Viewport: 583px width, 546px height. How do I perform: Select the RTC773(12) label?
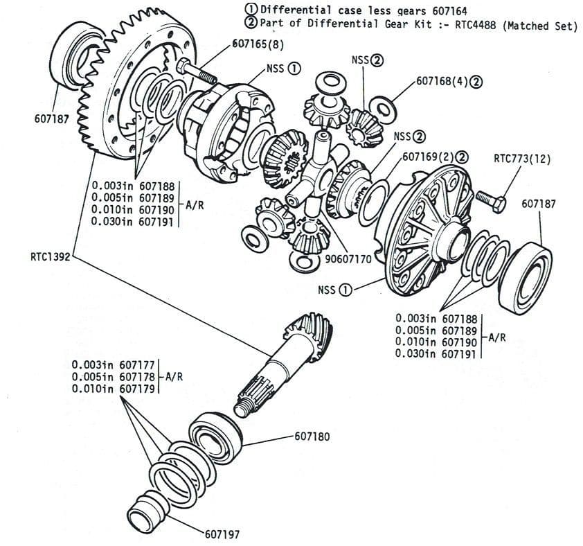[x=522, y=158]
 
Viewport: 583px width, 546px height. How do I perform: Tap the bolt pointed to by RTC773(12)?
[x=487, y=199]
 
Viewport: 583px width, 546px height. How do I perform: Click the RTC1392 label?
[x=49, y=255]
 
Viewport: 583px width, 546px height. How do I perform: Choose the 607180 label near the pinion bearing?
[x=312, y=437]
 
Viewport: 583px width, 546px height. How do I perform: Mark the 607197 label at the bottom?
[x=222, y=534]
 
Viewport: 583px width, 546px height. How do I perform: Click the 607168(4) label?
[x=442, y=81]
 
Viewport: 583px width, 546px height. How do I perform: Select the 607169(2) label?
[x=428, y=156]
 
